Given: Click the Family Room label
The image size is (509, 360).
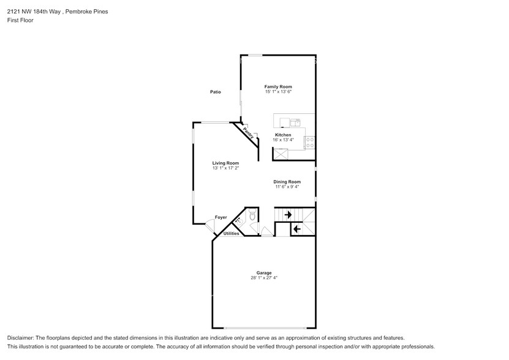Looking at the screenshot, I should (277, 87).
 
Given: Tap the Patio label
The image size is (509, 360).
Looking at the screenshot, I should (214, 92).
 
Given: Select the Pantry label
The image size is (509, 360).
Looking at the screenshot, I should (247, 132).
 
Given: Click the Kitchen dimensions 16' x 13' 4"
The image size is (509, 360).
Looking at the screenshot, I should (283, 140).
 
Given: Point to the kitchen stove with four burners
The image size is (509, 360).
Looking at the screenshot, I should (310, 143).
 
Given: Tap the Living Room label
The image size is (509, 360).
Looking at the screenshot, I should (225, 163).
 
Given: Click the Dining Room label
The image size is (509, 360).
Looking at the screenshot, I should (287, 181).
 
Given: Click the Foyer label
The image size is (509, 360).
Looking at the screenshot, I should (221, 217).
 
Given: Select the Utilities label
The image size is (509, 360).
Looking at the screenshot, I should (231, 233).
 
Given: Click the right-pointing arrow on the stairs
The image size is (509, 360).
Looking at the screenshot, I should (287, 215).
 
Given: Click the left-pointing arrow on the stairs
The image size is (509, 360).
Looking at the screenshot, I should (297, 229).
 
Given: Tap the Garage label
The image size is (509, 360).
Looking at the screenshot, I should (264, 272).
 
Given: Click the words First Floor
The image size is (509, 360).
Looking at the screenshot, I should (21, 20).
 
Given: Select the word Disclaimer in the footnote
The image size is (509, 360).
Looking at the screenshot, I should (21, 338).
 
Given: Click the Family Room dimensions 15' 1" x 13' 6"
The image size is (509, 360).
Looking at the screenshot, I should (277, 92).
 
